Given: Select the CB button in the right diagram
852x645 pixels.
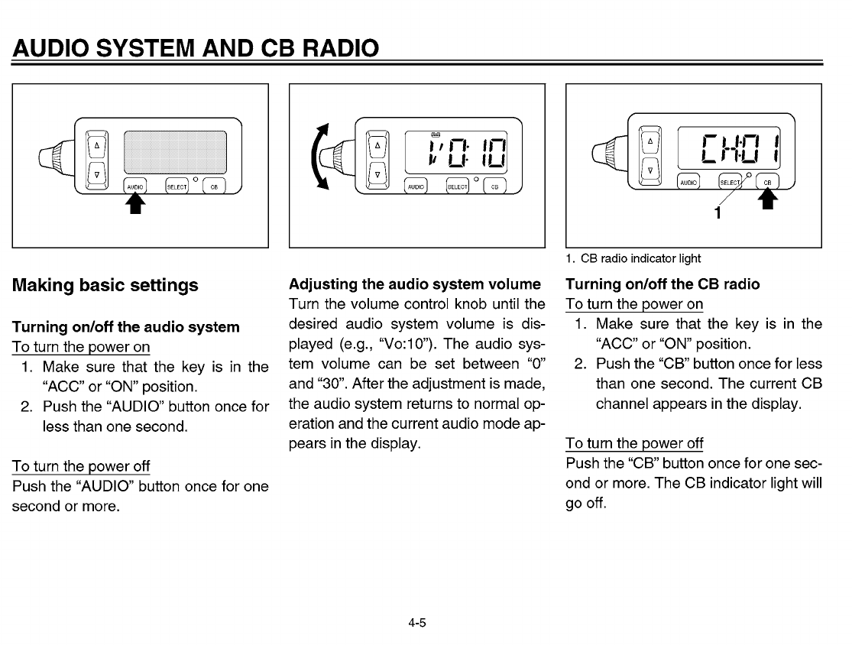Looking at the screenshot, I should [x=768, y=180].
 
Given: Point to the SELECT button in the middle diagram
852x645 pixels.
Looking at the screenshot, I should [x=457, y=185].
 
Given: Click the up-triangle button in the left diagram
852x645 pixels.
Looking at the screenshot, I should [x=97, y=144].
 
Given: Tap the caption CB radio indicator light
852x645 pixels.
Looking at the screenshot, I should [x=633, y=258].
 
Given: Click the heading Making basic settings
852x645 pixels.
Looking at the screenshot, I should [x=105, y=286].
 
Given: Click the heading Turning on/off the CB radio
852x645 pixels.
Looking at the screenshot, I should [x=662, y=284].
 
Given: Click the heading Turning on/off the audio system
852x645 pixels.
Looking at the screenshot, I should [x=126, y=327].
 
